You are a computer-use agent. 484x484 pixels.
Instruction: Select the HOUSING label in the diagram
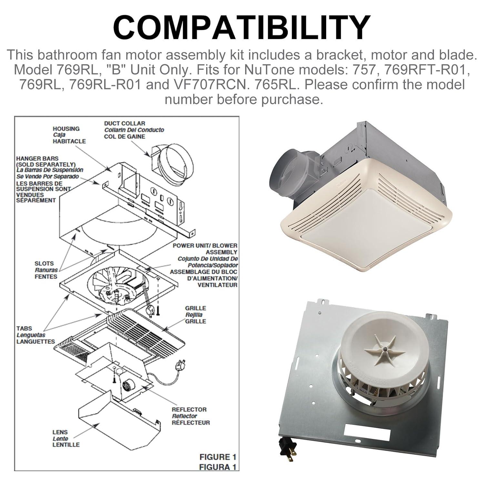tap(66, 129)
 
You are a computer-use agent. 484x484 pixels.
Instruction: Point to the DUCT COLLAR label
tap(125, 124)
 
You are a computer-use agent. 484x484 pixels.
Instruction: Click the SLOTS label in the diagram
tap(44, 264)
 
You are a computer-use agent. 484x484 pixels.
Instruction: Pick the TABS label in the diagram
tap(24, 328)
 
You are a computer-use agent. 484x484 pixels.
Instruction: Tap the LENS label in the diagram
tap(60, 432)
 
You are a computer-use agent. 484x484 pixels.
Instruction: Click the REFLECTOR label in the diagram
tap(189, 410)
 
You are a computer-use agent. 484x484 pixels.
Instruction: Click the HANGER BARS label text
tap(37, 159)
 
